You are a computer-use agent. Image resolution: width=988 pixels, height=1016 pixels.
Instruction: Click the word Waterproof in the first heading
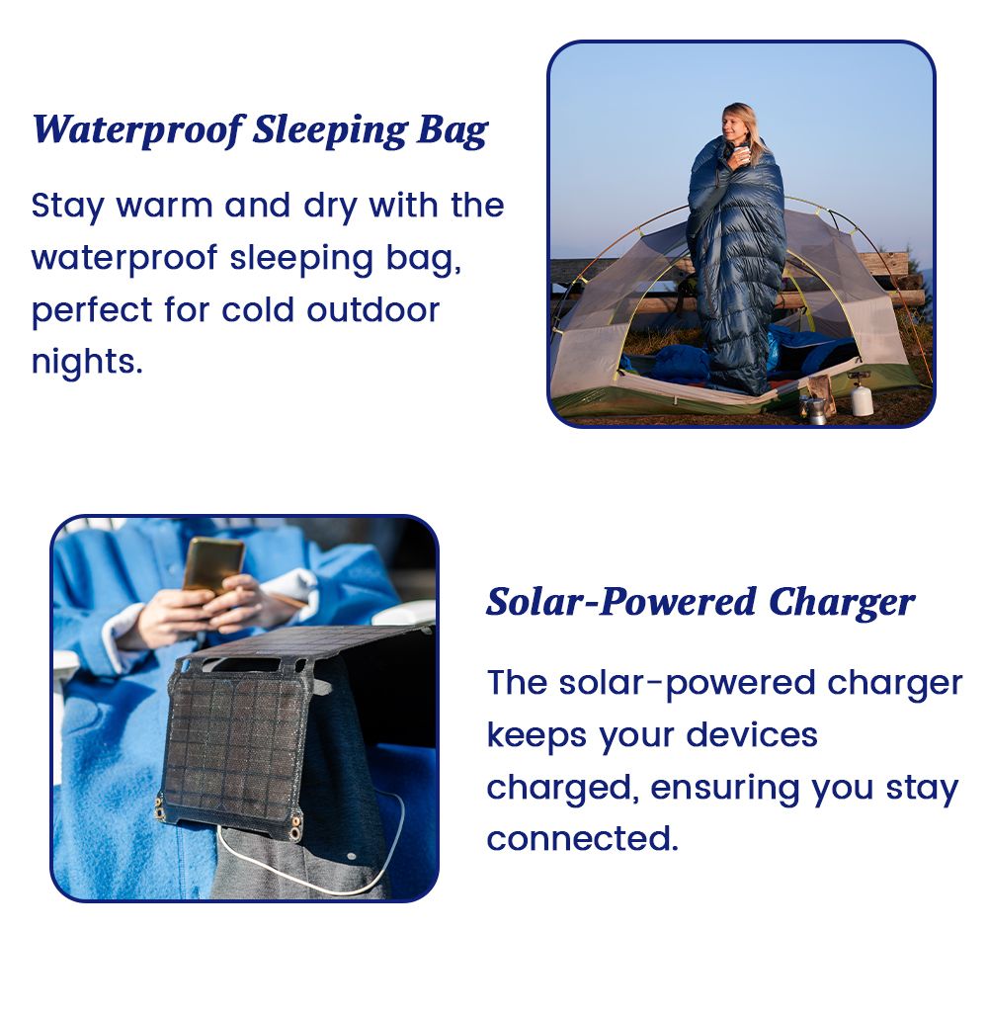coord(138,130)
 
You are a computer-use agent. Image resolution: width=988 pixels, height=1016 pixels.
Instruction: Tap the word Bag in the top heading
coord(453,131)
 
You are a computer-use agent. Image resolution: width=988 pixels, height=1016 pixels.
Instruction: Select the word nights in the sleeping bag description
coord(87,361)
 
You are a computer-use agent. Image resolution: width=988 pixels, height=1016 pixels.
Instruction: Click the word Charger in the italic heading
coord(842,603)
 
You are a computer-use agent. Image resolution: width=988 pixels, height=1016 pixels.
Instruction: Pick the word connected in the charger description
coord(583,838)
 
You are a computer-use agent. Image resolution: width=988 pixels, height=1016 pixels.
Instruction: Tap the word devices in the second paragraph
coord(752,734)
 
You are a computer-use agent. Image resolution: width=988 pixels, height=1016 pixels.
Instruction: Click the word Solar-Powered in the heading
coord(621,602)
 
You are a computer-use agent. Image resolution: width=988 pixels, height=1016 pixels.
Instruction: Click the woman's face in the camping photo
coord(734,125)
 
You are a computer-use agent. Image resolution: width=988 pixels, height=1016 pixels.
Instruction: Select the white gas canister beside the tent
coord(862,394)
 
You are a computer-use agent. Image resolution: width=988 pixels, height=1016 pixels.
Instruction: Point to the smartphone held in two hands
coord(212,565)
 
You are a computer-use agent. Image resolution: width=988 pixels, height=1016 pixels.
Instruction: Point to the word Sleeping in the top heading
coord(330,131)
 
